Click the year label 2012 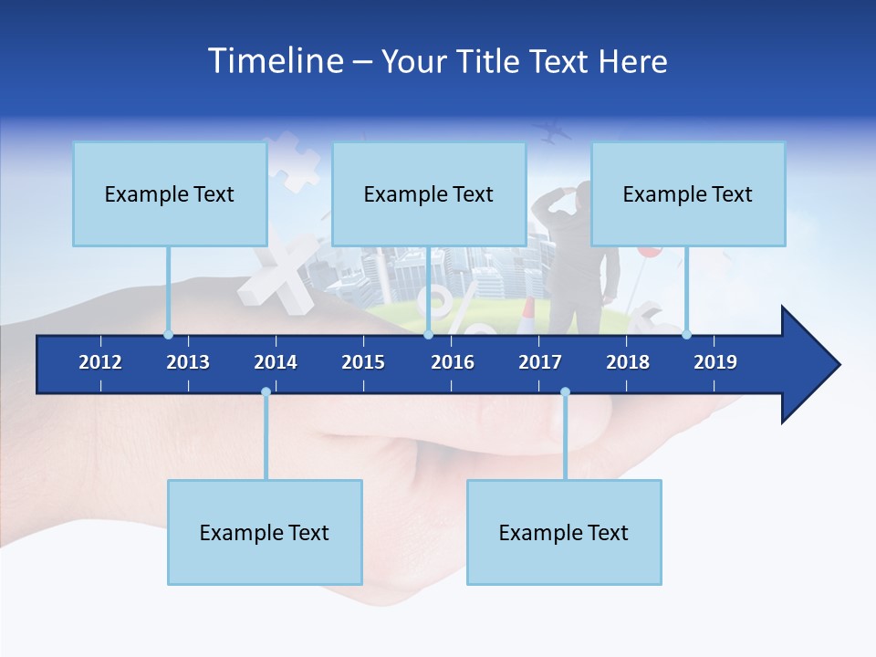[100, 362]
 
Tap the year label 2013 [188, 362]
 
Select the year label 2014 [276, 362]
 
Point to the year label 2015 [363, 362]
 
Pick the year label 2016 [453, 362]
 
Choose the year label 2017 [540, 362]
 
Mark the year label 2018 [628, 362]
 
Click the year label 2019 [715, 362]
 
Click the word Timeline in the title [275, 61]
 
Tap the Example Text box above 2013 [170, 193]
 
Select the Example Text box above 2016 [429, 193]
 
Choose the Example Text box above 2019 [688, 193]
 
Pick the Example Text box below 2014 [265, 532]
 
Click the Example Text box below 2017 [564, 532]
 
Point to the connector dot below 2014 [266, 391]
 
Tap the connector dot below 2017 [565, 391]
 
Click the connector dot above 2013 [168, 334]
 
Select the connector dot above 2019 [686, 334]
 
